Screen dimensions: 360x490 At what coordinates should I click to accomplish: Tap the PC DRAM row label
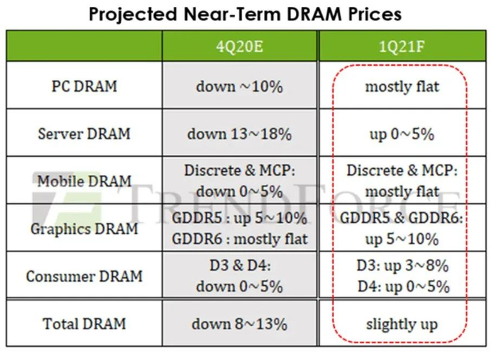85,87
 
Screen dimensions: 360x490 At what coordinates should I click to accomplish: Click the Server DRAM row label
85,133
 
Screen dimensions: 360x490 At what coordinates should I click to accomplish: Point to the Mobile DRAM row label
85,181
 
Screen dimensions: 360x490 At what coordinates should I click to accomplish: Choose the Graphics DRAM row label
85,228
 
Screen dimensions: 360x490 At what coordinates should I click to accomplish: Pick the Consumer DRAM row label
85,276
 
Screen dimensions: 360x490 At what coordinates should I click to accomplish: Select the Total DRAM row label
85,324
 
